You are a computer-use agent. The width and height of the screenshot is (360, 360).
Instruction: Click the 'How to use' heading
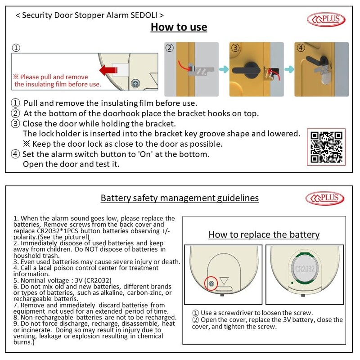click(x=179, y=27)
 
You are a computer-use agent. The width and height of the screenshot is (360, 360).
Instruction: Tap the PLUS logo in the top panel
click(x=325, y=19)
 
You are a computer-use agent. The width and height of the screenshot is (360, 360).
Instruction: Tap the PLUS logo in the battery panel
click(x=326, y=198)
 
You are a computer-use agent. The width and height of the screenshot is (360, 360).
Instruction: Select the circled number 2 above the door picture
click(x=169, y=48)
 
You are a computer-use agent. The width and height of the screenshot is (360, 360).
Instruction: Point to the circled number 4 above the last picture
click(x=301, y=48)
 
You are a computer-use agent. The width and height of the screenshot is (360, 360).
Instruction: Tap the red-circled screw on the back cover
click(x=211, y=283)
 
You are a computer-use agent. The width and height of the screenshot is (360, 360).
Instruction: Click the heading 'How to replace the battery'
click(x=264, y=234)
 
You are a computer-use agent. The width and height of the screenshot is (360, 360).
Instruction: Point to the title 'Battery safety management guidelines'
click(x=180, y=198)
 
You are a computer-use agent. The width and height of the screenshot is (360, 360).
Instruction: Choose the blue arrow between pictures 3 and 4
click(x=288, y=69)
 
